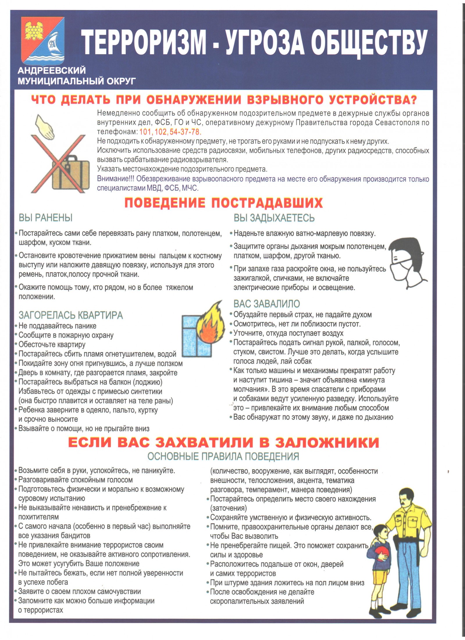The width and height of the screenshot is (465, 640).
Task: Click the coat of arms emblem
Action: pyautogui.click(x=43, y=41)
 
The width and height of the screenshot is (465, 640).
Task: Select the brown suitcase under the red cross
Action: pyautogui.click(x=71, y=172)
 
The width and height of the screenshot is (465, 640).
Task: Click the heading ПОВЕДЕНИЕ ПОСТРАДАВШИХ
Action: pyautogui.click(x=223, y=203)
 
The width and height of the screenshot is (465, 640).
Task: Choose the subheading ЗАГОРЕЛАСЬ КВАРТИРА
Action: pyautogui.click(x=71, y=315)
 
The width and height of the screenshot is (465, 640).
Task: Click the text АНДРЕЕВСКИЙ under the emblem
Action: pyautogui.click(x=52, y=70)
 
